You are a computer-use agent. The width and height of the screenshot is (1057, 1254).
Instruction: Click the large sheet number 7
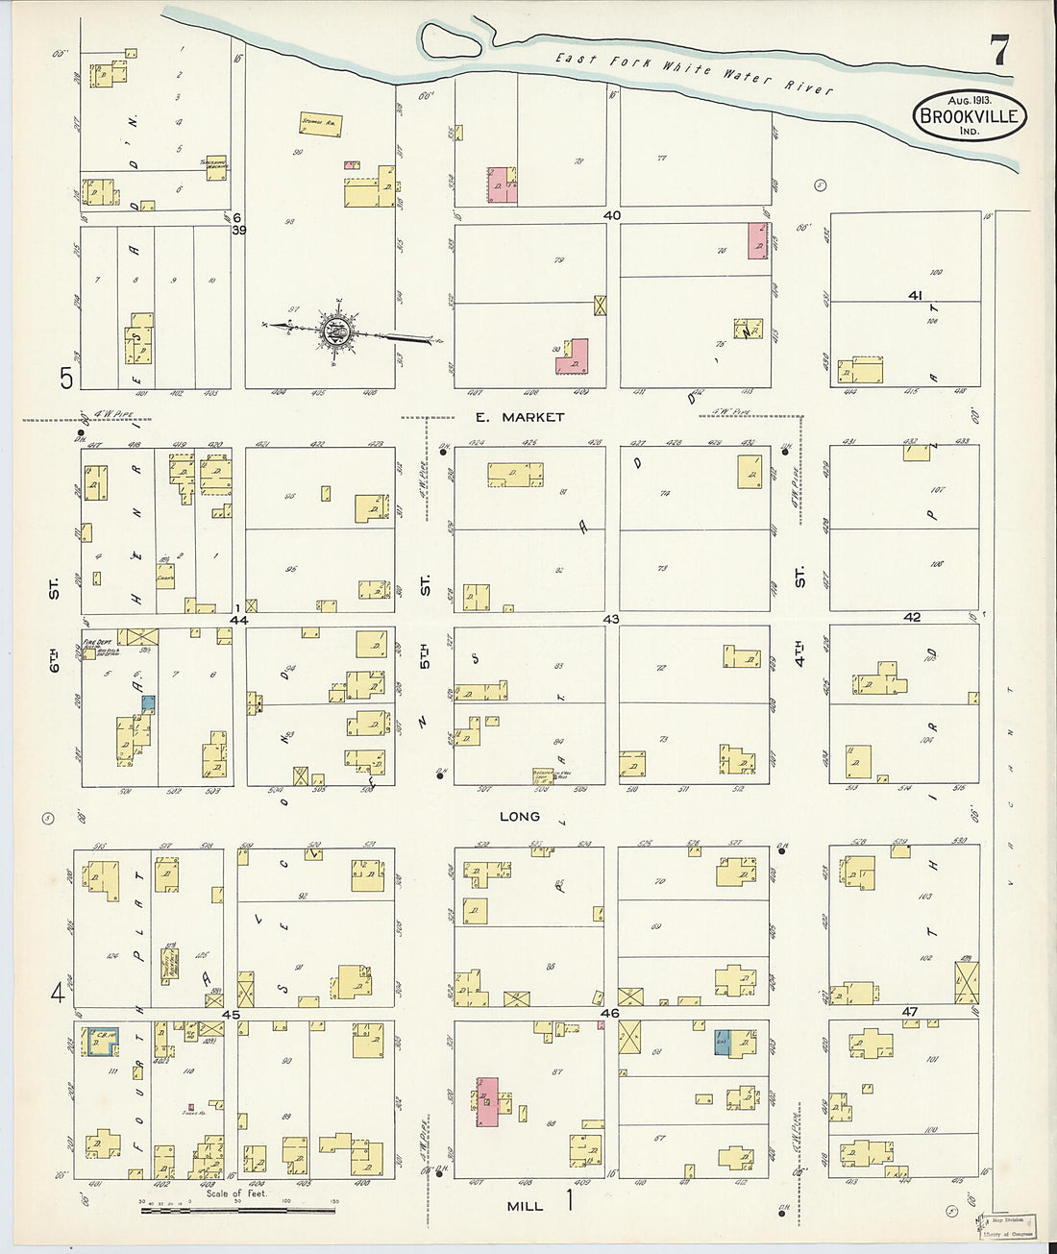point(1000,50)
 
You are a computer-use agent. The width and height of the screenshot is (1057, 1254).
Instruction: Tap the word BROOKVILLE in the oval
point(970,117)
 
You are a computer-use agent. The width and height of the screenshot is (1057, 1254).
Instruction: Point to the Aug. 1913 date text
point(969,100)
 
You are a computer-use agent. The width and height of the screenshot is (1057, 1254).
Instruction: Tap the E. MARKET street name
point(519,417)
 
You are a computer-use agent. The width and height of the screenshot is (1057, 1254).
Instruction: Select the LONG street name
point(519,816)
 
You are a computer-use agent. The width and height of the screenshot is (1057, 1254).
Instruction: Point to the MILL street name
point(525,1205)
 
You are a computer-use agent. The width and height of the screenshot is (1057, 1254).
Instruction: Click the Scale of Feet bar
point(238,1208)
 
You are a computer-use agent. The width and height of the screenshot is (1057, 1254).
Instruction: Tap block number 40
point(612,216)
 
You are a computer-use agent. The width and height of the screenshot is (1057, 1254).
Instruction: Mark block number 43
point(610,620)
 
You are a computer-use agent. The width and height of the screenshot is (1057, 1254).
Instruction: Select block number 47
point(910,1012)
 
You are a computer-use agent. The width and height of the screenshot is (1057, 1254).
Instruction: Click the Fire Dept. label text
point(93,643)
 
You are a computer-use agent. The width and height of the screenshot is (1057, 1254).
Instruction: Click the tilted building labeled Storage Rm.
point(320,123)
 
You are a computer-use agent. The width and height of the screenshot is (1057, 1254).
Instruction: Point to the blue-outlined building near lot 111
point(99,1041)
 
